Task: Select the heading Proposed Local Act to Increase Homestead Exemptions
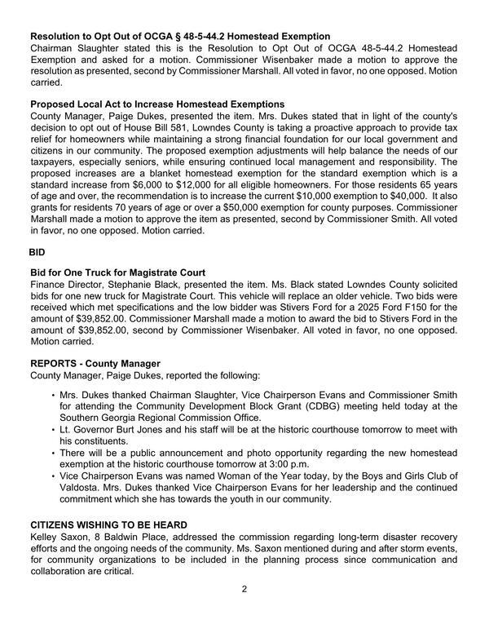tap(156, 104)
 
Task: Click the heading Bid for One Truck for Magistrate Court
tap(129, 272)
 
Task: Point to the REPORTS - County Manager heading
tap(95, 362)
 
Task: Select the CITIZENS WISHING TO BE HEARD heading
tap(108, 524)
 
